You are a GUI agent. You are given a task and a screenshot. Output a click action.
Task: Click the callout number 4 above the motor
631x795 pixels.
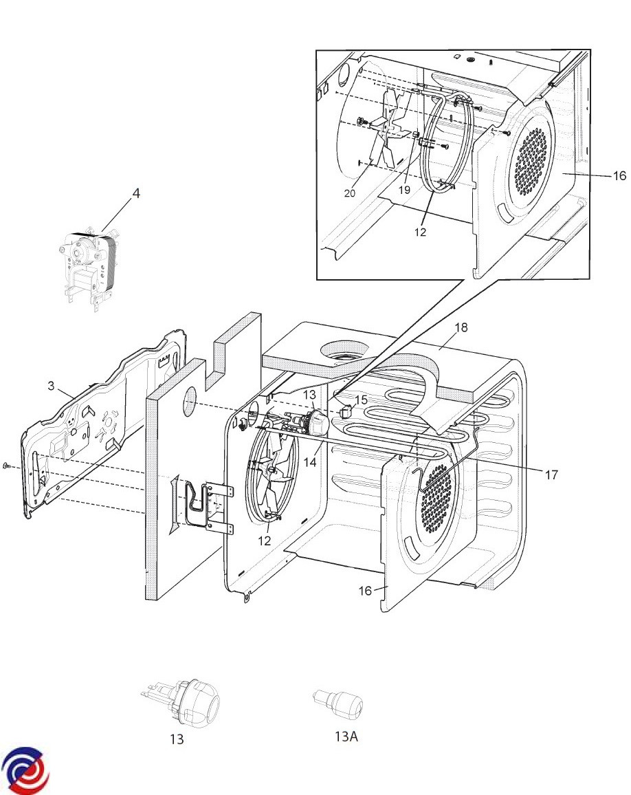click(x=136, y=194)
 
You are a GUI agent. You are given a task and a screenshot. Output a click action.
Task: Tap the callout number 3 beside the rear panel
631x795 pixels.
click(x=51, y=386)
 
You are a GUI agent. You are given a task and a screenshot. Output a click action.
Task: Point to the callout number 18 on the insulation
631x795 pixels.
click(x=461, y=327)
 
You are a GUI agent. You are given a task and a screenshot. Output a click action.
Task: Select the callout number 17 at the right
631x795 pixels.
click(x=551, y=475)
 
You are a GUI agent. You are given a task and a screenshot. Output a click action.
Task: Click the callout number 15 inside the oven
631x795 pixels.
click(x=360, y=400)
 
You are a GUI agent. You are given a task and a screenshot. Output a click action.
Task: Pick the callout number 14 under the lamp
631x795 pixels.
click(x=310, y=462)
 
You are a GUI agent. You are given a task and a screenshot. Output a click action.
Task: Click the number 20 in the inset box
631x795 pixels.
click(x=350, y=193)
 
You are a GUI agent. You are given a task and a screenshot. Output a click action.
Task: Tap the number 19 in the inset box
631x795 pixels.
click(x=404, y=190)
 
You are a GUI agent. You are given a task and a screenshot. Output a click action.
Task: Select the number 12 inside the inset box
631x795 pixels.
click(x=420, y=232)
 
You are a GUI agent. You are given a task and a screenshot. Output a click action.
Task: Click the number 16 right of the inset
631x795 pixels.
click(x=619, y=176)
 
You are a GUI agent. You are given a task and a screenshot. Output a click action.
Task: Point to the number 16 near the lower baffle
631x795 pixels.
click(x=365, y=591)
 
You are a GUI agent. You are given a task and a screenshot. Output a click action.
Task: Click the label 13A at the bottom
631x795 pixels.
click(x=346, y=736)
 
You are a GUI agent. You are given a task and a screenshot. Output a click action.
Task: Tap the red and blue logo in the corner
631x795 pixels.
click(x=25, y=770)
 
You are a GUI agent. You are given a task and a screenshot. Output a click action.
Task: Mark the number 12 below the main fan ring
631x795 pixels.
click(x=265, y=541)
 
